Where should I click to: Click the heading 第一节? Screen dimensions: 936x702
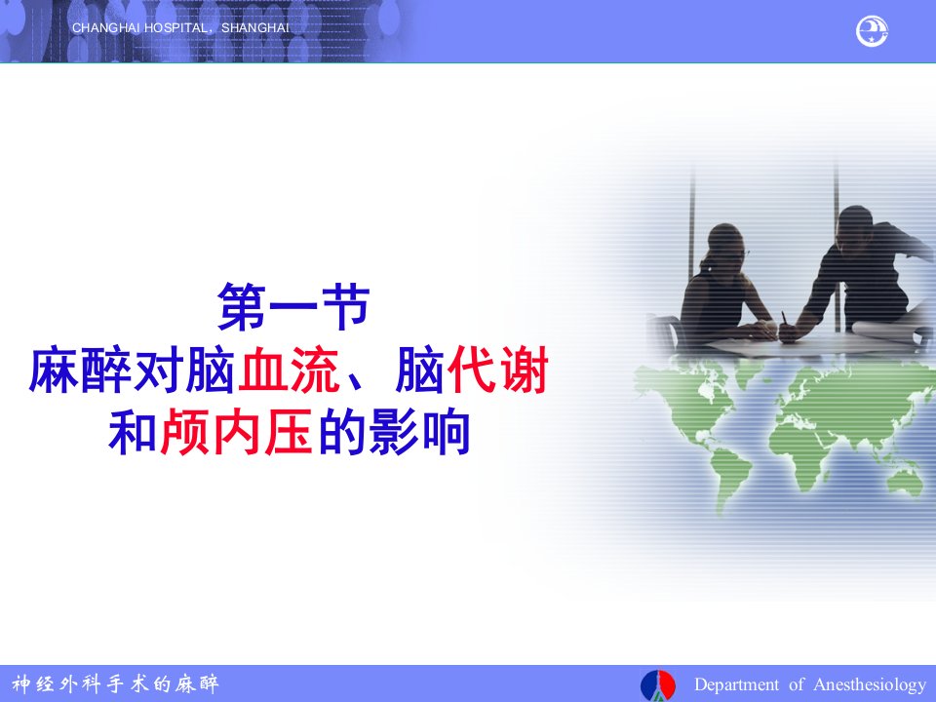293,307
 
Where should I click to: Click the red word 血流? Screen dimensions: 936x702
289,370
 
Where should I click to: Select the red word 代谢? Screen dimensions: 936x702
497,370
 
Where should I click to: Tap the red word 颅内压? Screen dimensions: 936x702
236,432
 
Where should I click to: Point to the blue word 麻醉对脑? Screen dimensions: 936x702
132,370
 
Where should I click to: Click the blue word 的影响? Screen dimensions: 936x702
394,432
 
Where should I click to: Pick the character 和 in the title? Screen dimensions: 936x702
132,432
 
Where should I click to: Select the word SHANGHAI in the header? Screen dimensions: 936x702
254,28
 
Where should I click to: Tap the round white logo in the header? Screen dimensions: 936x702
872,31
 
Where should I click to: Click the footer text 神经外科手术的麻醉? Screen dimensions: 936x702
116,683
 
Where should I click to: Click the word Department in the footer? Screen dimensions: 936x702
736,684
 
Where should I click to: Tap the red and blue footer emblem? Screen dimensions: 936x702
658,685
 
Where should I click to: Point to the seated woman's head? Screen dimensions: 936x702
725,244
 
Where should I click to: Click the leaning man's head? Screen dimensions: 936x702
855,227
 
